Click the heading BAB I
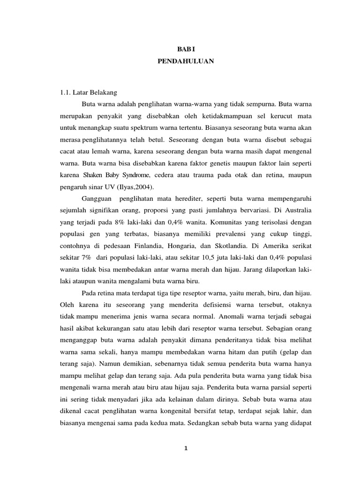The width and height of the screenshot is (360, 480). (x=184, y=49)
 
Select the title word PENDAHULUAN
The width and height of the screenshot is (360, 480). (x=184, y=61)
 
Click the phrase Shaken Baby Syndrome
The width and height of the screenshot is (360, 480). (x=116, y=175)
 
